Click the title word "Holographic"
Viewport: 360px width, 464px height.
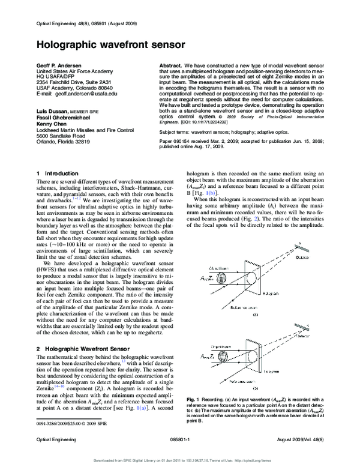pos(65,44)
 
